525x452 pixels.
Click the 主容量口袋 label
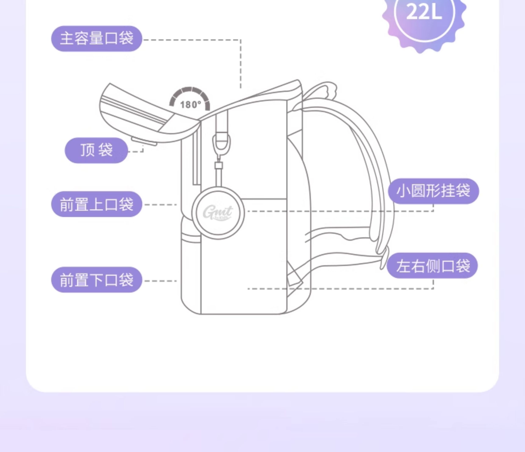pyautogui.click(x=97, y=39)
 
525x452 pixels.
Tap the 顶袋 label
pyautogui.click(x=96, y=150)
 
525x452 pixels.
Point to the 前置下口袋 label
pyautogui.click(x=97, y=280)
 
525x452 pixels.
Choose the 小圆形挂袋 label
pyautogui.click(x=433, y=191)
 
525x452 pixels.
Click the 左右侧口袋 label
pyautogui.click(x=432, y=266)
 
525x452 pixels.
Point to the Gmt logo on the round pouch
pyautogui.click(x=218, y=212)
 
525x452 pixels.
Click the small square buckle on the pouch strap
pyautogui.click(x=218, y=166)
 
